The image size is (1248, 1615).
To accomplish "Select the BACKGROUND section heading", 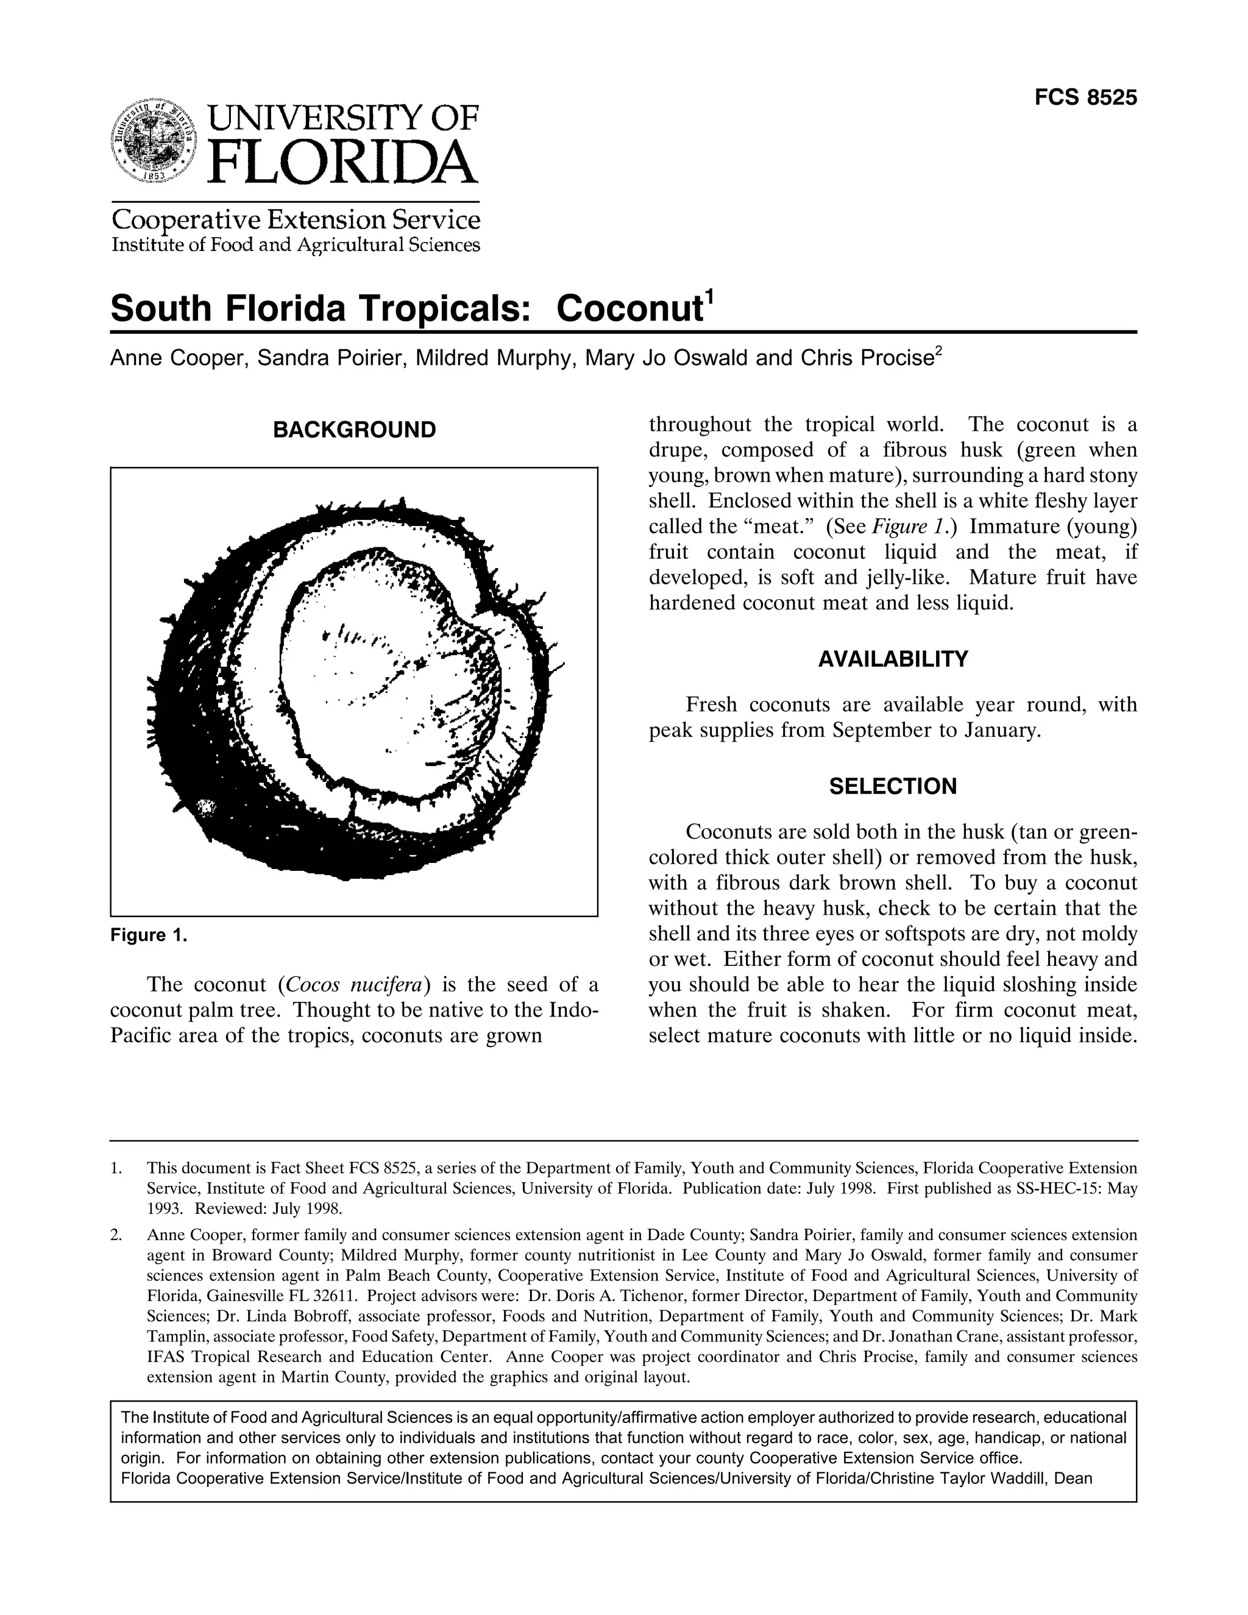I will (354, 430).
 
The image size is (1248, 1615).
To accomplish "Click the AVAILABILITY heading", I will (892, 659).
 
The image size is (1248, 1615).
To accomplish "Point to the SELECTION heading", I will (892, 786).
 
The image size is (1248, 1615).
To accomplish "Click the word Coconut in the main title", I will (628, 309).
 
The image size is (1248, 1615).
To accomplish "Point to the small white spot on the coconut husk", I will (205, 807).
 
